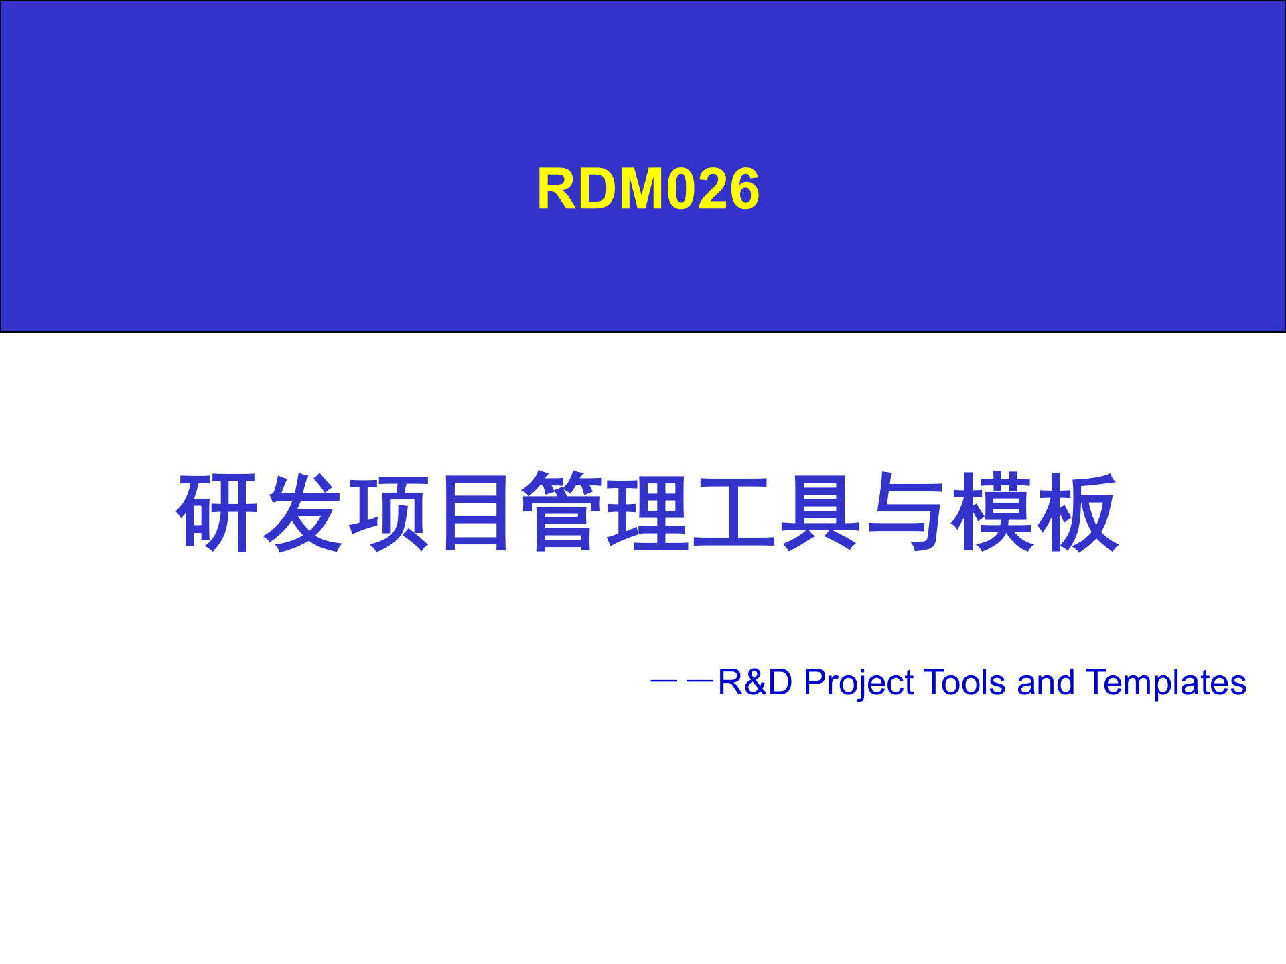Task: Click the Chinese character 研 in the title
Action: coord(216,512)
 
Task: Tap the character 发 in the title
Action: coord(302,512)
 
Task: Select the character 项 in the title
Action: coord(389,512)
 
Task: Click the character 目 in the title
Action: coord(475,512)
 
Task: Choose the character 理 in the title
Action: coord(648,512)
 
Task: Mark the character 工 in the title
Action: coord(733,512)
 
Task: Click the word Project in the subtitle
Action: coord(859,684)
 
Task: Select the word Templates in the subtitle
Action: coord(1165,684)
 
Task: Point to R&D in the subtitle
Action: coord(755,682)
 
